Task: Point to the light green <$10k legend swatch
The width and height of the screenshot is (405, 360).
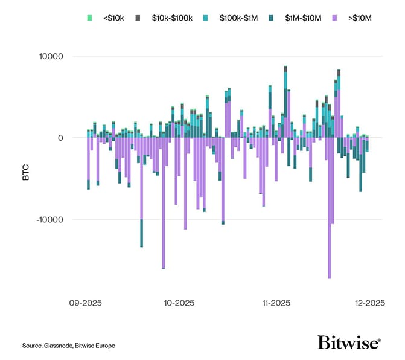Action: pos(89,18)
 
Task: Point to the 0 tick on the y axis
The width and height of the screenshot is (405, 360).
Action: pos(60,138)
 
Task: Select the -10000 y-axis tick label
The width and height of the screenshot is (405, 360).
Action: pos(49,219)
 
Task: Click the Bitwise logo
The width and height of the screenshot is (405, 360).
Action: pos(349,342)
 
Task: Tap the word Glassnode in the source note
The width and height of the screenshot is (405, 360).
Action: pos(59,346)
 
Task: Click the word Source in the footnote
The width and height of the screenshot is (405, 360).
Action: pos(31,346)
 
